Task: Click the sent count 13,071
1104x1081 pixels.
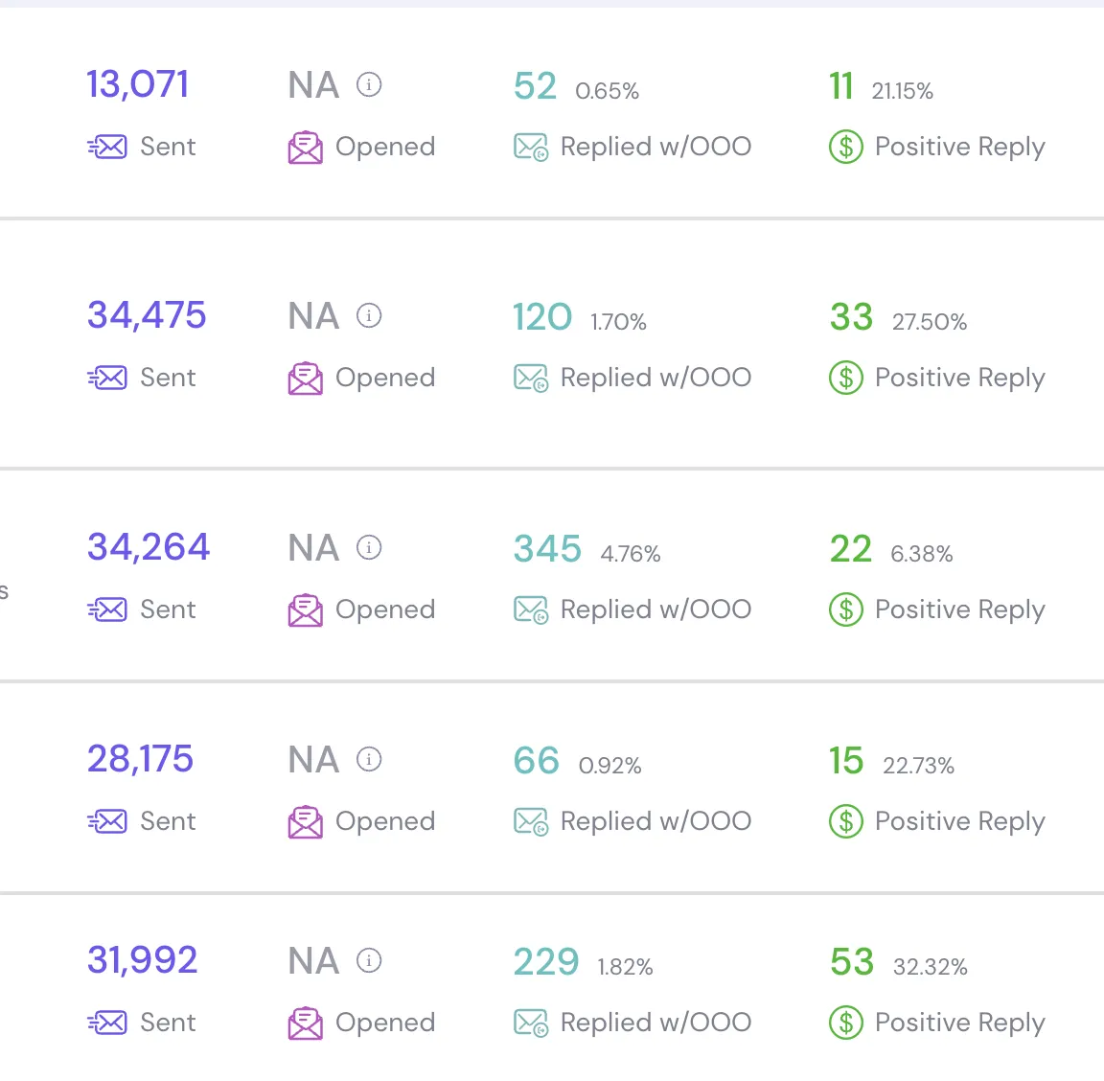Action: pyautogui.click(x=137, y=85)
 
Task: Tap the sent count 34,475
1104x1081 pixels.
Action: pyautogui.click(x=147, y=314)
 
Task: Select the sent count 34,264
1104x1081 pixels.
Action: pyautogui.click(x=149, y=547)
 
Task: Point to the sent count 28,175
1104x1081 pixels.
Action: pyautogui.click(x=140, y=758)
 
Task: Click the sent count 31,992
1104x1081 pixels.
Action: pyautogui.click(x=142, y=960)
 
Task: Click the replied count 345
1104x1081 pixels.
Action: pyautogui.click(x=548, y=548)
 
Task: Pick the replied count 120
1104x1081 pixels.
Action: pyautogui.click(x=542, y=317)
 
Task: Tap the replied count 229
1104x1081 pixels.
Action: pyautogui.click(x=546, y=962)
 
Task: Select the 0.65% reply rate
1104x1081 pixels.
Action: pyautogui.click(x=607, y=91)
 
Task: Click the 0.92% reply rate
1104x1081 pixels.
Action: pyautogui.click(x=609, y=766)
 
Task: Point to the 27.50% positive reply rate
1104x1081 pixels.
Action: pyautogui.click(x=930, y=322)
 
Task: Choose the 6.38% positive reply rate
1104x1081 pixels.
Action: pyautogui.click(x=922, y=554)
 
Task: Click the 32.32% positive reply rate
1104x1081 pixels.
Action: pyautogui.click(x=931, y=967)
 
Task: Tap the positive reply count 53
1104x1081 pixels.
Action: pyautogui.click(x=852, y=962)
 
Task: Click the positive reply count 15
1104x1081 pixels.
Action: pyautogui.click(x=846, y=761)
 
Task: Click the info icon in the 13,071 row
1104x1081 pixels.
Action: pyautogui.click(x=369, y=84)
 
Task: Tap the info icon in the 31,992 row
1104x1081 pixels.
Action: pyautogui.click(x=369, y=960)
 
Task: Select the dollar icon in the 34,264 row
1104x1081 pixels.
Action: pyautogui.click(x=846, y=609)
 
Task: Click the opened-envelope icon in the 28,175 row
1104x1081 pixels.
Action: pyautogui.click(x=306, y=822)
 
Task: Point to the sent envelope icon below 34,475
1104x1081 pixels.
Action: pyautogui.click(x=107, y=379)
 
